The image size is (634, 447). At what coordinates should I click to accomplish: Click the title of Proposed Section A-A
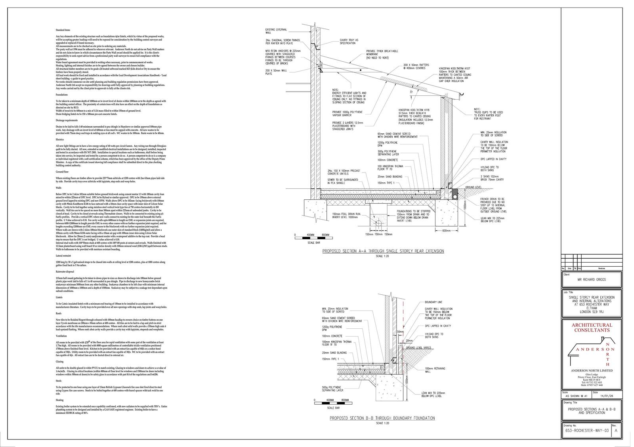click(383, 251)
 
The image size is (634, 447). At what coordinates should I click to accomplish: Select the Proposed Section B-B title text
click(382, 418)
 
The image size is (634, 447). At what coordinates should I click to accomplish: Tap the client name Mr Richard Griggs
click(589, 279)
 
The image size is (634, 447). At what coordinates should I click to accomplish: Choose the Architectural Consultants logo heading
click(589, 327)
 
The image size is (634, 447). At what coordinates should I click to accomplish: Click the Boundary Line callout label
click(433, 302)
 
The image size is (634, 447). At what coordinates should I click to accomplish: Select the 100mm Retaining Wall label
click(435, 370)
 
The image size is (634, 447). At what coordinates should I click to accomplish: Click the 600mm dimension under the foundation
click(446, 231)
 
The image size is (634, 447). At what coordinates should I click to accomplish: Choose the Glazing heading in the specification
click(59, 362)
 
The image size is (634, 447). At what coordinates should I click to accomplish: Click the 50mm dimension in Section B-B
click(400, 331)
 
